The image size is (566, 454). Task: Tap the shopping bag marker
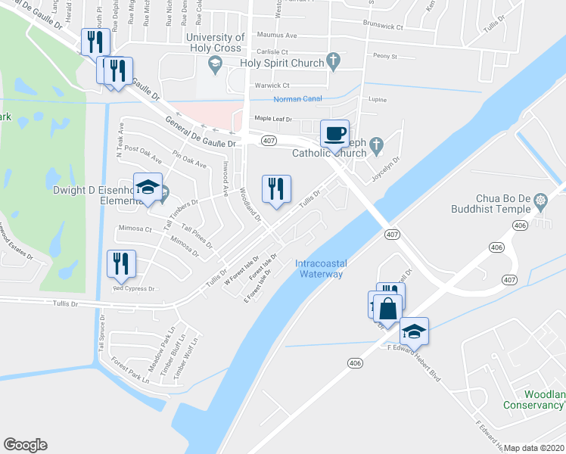click(x=387, y=309)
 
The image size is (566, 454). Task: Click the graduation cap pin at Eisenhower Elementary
click(x=148, y=188)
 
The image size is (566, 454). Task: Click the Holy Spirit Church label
click(x=282, y=63)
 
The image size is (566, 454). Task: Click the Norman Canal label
click(x=297, y=98)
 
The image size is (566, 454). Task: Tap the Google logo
click(x=25, y=445)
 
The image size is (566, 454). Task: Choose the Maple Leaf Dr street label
click(x=272, y=119)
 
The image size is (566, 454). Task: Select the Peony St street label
click(x=384, y=56)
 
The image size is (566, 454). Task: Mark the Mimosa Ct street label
click(x=134, y=229)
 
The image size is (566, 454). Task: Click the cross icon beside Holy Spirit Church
click(x=332, y=62)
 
